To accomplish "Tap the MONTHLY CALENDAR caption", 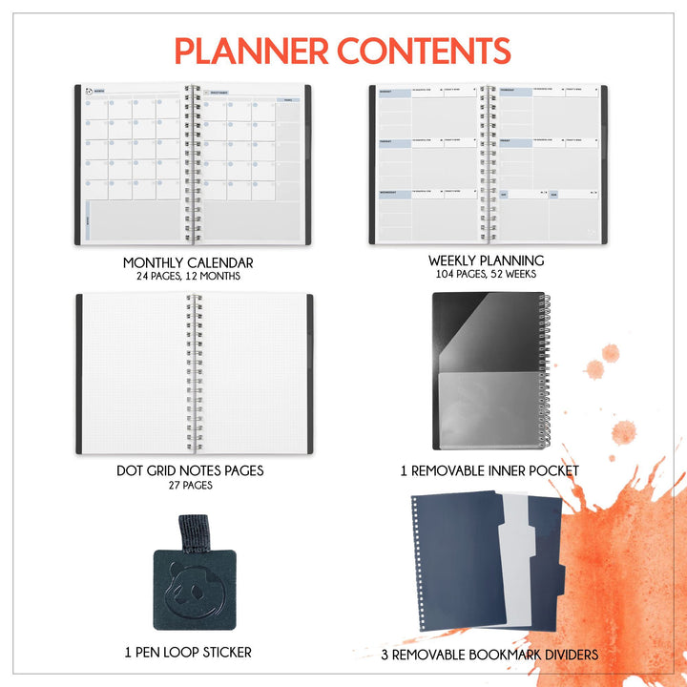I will [x=188, y=262].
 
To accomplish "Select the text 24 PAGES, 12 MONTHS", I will [x=188, y=276].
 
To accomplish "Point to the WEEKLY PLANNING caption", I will [x=486, y=260].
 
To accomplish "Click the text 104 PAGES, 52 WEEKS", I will [x=486, y=274].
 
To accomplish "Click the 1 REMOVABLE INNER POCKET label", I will [x=489, y=470].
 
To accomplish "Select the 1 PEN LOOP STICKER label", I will [x=188, y=653].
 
